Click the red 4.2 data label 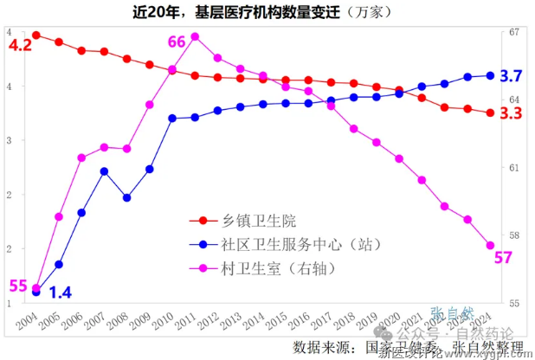click(x=20, y=46)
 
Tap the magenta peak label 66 click(x=177, y=42)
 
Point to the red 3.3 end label click(x=512, y=113)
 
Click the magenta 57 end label click(x=504, y=257)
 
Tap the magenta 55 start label click(x=18, y=286)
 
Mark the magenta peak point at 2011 click(x=195, y=36)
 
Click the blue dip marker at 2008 click(x=127, y=198)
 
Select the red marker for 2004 click(x=36, y=35)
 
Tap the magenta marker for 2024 click(x=490, y=246)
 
